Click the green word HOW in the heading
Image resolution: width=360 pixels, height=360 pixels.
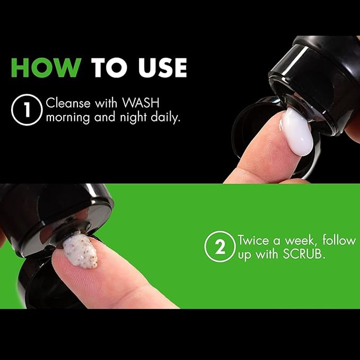pyautogui.click(x=46, y=67)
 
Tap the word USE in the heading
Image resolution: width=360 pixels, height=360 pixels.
pyautogui.click(x=163, y=67)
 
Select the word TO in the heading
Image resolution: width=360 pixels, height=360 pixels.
pyautogui.click(x=109, y=67)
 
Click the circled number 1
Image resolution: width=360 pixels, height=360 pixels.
pyautogui.click(x=27, y=110)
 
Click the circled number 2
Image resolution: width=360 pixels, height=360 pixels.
pyautogui.click(x=220, y=247)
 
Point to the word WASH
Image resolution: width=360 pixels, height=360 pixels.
pyautogui.click(x=141, y=103)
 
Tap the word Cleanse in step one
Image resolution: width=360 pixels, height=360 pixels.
pyautogui.click(x=68, y=103)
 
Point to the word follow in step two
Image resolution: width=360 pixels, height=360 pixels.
pyautogui.click(x=339, y=240)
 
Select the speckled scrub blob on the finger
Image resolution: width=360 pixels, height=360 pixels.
pyautogui.click(x=81, y=250)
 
